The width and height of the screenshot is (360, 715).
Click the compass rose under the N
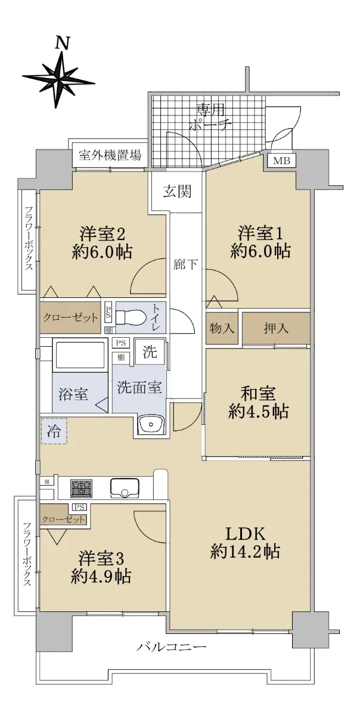point(58,78)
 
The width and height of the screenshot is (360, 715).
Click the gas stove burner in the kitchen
point(81,489)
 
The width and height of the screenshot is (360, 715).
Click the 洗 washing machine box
point(148,352)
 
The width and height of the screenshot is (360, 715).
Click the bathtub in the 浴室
point(79,355)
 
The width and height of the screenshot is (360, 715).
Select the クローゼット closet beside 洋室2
point(70,317)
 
